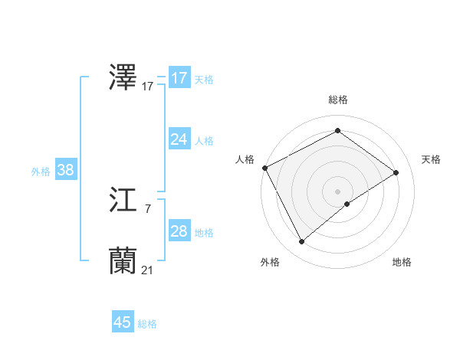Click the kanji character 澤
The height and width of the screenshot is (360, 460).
pyautogui.click(x=123, y=79)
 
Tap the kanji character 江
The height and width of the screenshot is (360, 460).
pyautogui.click(x=123, y=201)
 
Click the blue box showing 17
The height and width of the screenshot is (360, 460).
pyautogui.click(x=179, y=78)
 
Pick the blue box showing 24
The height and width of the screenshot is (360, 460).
pyautogui.click(x=179, y=139)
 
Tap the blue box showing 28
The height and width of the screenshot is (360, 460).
pyautogui.click(x=179, y=231)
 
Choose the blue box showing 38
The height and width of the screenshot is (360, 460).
pyautogui.click(x=65, y=170)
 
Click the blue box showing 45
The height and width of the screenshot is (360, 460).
pyautogui.click(x=123, y=322)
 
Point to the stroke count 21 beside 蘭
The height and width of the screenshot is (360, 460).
pyautogui.click(x=147, y=270)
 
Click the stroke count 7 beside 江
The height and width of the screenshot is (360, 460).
pyautogui.click(x=147, y=208)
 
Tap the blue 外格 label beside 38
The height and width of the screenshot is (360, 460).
pyautogui.click(x=41, y=172)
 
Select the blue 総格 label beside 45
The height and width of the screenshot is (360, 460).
pyautogui.click(x=147, y=324)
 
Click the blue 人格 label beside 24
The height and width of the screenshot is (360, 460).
pyautogui.click(x=204, y=141)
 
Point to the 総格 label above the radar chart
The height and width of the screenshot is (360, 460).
pyautogui.click(x=337, y=100)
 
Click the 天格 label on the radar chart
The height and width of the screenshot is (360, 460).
pyautogui.click(x=431, y=159)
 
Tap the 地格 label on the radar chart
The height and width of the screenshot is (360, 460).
pyautogui.click(x=402, y=262)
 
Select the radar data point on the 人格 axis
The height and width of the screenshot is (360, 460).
pyautogui.click(x=264, y=168)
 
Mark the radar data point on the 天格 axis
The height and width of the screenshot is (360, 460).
pyautogui.click(x=396, y=172)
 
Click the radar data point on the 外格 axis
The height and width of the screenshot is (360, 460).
pyautogui.click(x=301, y=242)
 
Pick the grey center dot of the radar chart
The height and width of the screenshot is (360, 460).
pyautogui.click(x=337, y=191)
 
